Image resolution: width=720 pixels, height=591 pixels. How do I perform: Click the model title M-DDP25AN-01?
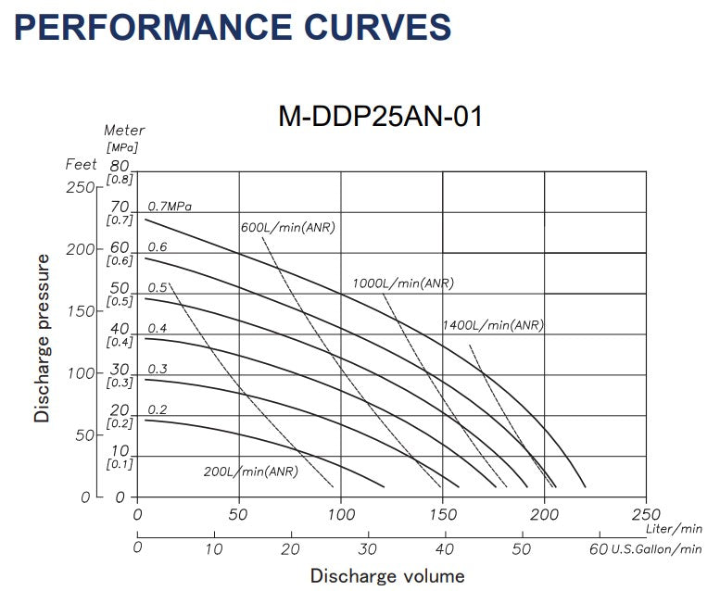click(381, 118)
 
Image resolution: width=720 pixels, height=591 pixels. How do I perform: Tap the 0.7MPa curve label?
click(175, 206)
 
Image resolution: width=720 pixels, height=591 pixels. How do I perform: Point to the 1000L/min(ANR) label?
click(402, 283)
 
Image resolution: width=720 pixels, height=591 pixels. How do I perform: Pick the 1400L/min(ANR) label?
click(492, 325)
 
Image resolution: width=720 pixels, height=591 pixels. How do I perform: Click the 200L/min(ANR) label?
click(251, 472)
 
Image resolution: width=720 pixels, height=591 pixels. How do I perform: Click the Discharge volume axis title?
click(386, 576)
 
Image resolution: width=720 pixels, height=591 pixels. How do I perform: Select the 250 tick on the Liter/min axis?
click(645, 514)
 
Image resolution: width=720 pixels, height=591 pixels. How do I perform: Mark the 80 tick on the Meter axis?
click(119, 165)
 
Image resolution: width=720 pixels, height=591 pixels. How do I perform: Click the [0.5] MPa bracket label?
click(120, 302)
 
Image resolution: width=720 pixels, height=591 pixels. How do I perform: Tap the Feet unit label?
click(81, 164)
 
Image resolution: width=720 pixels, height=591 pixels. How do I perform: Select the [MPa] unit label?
click(121, 147)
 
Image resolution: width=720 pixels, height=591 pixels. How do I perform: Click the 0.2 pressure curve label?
click(158, 409)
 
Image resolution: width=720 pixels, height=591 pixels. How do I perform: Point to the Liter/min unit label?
click(675, 528)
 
